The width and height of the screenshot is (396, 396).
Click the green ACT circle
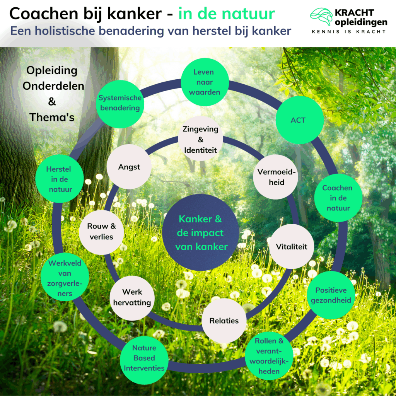[300, 120]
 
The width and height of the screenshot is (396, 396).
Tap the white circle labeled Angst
[129, 167]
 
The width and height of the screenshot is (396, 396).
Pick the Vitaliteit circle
[292, 246]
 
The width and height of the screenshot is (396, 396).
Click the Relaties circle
[224, 321]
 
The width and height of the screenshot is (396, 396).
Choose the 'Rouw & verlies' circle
[101, 232]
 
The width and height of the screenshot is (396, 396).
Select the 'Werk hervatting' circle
[132, 298]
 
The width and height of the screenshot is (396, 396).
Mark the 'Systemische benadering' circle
[120, 102]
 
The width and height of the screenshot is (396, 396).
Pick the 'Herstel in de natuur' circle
[59, 179]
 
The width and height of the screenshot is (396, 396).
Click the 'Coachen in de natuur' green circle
[338, 198]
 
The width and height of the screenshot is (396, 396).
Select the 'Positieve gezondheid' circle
[331, 295]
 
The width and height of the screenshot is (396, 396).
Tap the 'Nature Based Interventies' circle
[144, 358]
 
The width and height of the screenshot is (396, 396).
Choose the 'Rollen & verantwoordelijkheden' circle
[269, 356]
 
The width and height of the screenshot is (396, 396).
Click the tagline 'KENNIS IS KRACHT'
[348, 31]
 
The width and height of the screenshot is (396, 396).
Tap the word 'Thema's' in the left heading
[52, 117]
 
